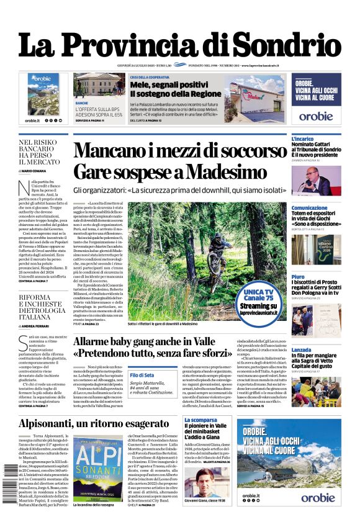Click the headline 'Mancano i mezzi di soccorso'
pos(179,151)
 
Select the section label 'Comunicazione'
pos(309,208)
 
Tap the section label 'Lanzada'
pos(302,350)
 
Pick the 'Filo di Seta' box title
pos(142,375)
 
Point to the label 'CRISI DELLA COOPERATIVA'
pos(151,77)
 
